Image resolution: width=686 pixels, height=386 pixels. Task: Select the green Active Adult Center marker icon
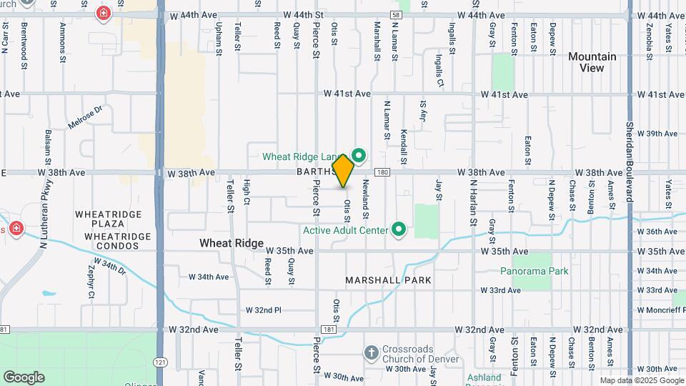pos(399,229)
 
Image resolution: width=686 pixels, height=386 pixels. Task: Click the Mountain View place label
pos(592,62)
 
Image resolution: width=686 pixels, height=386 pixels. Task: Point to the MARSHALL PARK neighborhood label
pos(389,280)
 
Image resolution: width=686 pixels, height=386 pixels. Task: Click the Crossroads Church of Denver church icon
pos(370,352)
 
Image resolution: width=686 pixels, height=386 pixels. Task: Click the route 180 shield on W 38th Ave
pos(382,172)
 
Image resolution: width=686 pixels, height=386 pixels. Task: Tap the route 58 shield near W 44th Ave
pos(396,15)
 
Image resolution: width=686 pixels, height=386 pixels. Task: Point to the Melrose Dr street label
pos(86,117)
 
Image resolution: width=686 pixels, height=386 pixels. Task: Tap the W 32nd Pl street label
pos(264,310)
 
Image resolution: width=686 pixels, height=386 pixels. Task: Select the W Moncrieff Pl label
pos(660,310)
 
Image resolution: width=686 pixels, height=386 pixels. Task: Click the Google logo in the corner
pos(24,377)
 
